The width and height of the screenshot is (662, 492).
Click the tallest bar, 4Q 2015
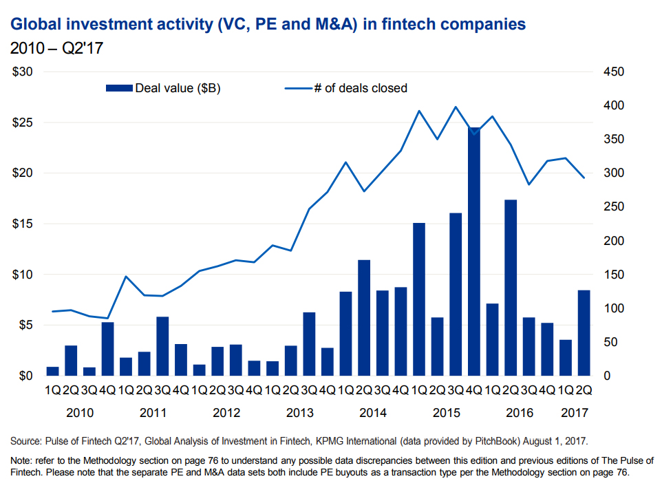point(473,251)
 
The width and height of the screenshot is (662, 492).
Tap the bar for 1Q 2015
point(418,299)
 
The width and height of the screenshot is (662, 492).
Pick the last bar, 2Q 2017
point(584,333)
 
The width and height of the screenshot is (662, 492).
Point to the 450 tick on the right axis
point(614,72)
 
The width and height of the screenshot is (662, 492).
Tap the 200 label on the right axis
point(614,241)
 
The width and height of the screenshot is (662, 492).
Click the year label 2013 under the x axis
point(299,413)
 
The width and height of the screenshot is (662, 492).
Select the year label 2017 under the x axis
point(575,413)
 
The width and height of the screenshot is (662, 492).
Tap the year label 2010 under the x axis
point(79,413)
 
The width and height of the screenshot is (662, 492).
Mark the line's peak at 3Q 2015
point(455,107)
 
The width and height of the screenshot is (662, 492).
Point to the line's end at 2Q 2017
point(584,178)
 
